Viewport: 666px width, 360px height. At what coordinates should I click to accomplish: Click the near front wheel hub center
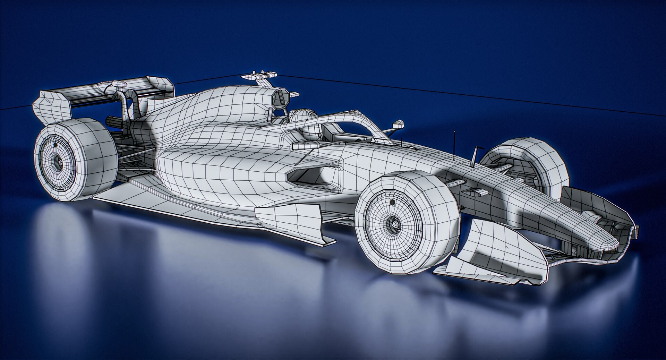pyautogui.click(x=393, y=223)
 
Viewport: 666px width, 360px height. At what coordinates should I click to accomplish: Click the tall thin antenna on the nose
pyautogui.click(x=454, y=146)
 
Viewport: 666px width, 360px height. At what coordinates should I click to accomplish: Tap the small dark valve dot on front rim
pyautogui.click(x=392, y=202)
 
